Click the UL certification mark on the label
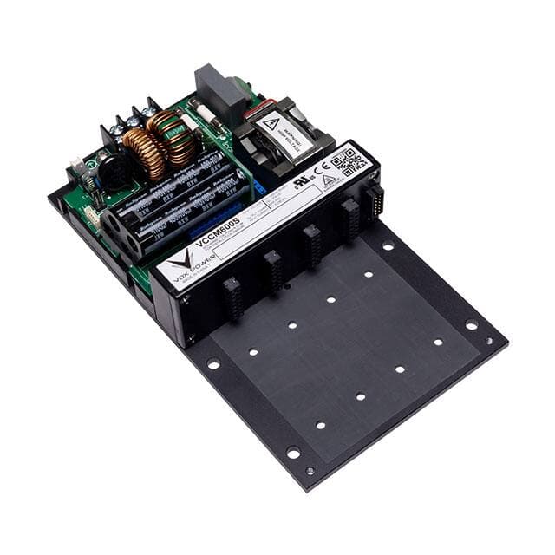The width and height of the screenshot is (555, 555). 302,183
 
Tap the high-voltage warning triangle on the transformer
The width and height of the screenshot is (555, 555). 271,124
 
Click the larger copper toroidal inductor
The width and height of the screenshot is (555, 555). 145,152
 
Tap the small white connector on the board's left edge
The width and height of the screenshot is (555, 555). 91,214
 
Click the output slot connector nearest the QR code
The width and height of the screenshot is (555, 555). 350,217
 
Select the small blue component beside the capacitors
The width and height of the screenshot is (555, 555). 258,186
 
